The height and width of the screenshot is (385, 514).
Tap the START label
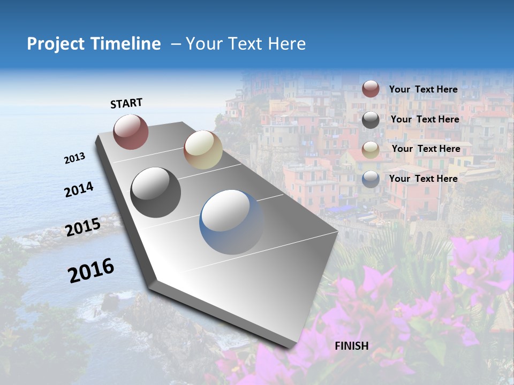point(126,103)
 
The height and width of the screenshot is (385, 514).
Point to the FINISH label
point(352,346)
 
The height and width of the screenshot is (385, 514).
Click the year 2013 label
point(75,158)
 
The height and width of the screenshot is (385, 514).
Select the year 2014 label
point(79,189)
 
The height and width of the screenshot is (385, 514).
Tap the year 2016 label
point(91,270)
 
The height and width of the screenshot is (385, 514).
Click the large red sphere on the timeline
point(131,132)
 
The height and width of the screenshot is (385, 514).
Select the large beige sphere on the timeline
point(203,150)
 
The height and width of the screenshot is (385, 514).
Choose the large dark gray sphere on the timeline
point(156,192)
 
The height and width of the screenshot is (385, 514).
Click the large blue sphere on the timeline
point(231,222)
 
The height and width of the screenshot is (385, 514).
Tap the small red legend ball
point(371,89)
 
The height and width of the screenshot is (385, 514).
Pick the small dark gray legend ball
point(371,120)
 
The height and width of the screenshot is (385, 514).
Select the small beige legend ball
point(371,150)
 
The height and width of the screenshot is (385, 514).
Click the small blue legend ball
point(371,179)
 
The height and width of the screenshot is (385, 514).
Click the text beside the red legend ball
point(423,89)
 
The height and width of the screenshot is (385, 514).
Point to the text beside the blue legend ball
point(423,179)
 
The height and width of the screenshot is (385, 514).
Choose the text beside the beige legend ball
point(426,149)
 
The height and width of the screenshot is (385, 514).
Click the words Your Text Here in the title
point(245,44)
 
